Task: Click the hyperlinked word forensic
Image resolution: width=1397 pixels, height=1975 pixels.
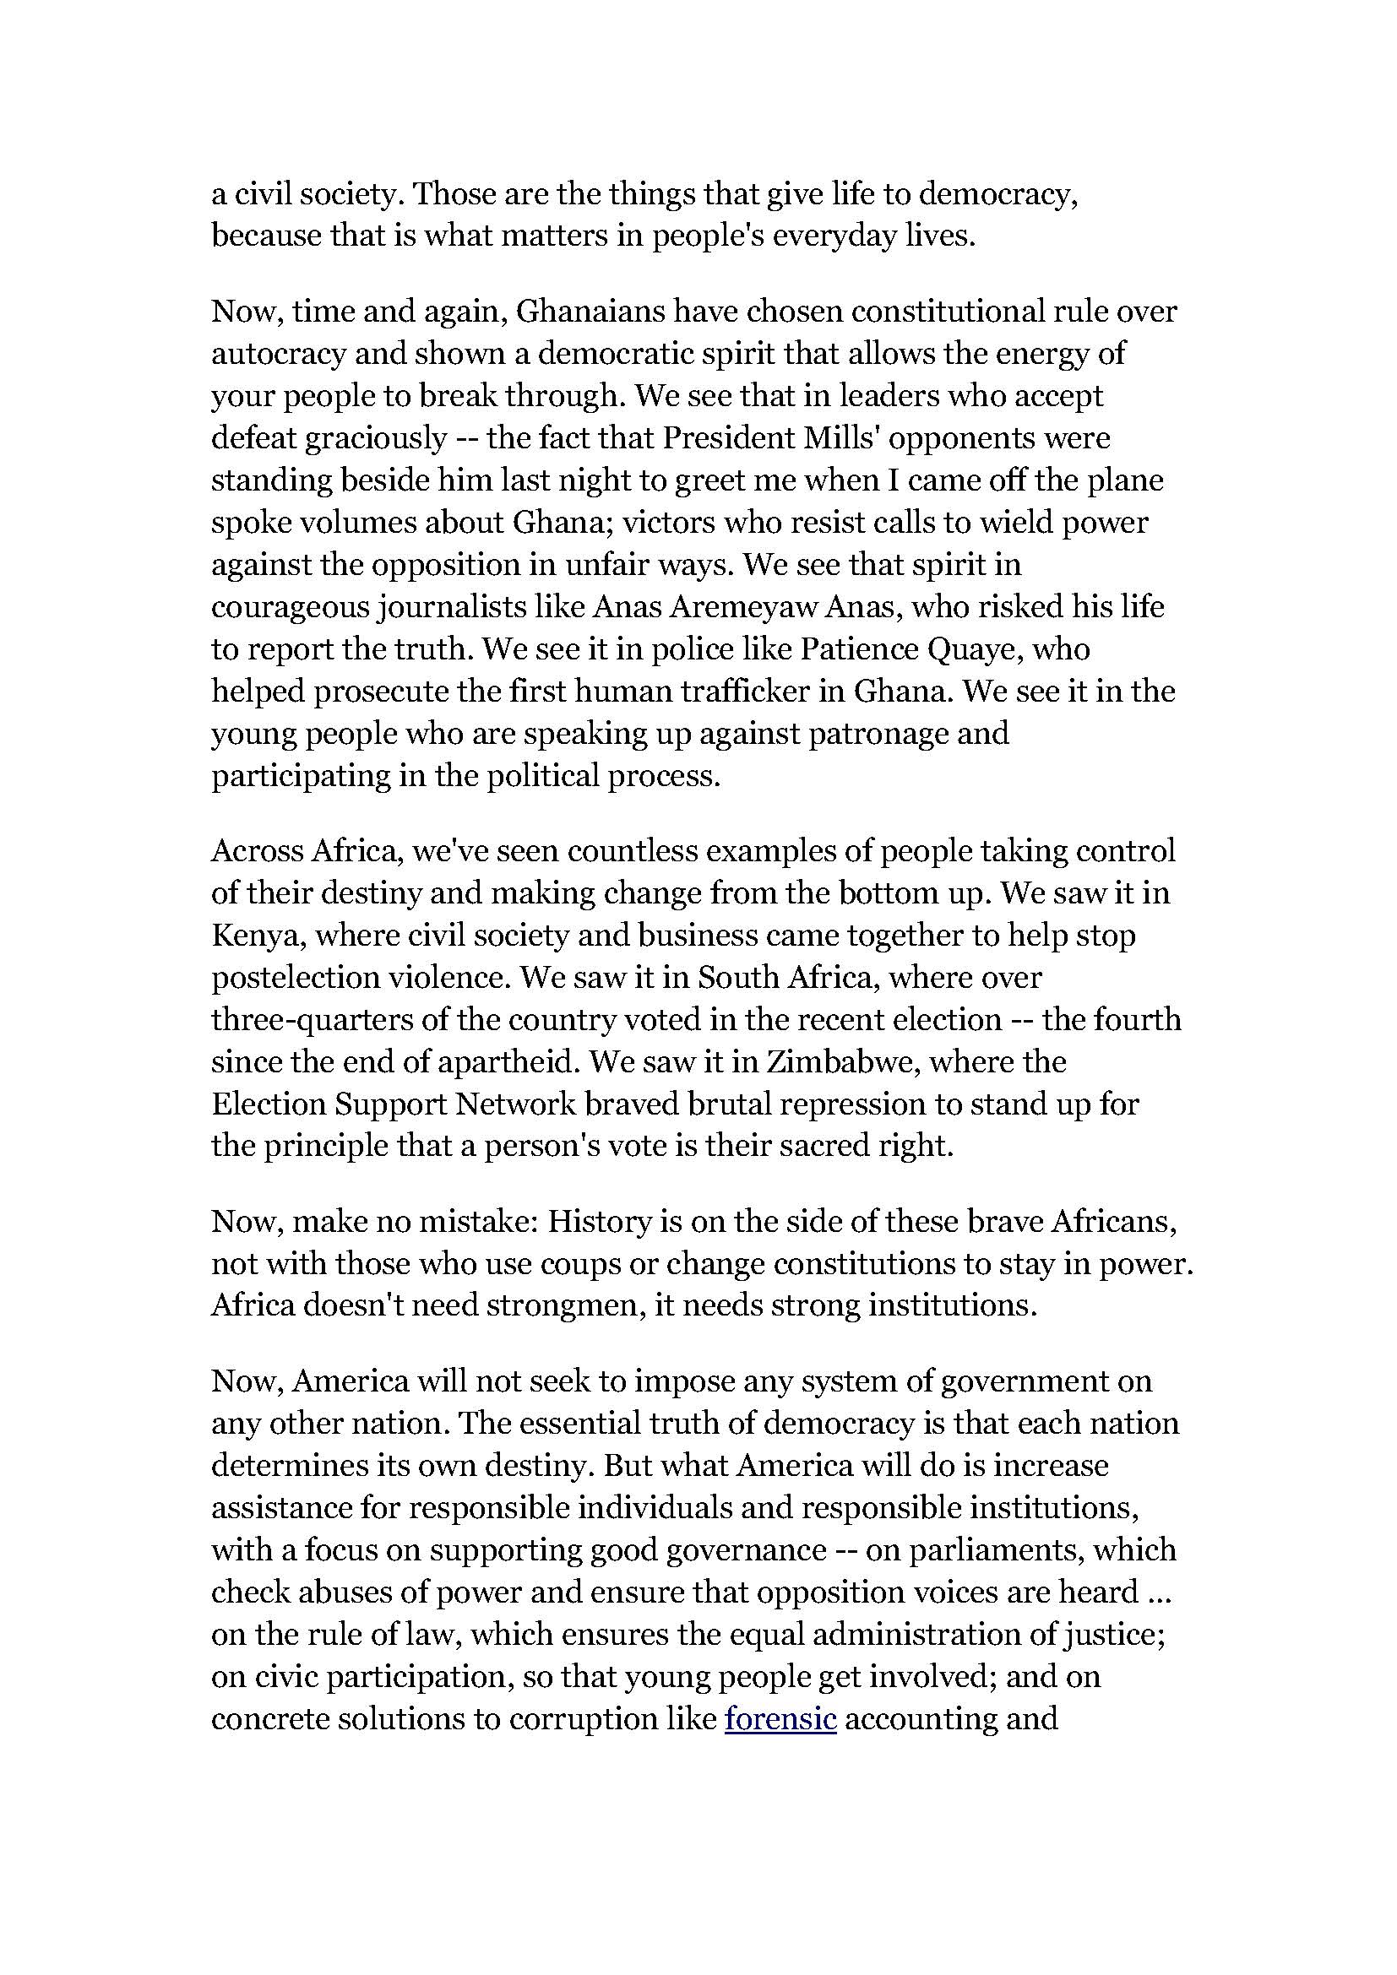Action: (x=780, y=1718)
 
